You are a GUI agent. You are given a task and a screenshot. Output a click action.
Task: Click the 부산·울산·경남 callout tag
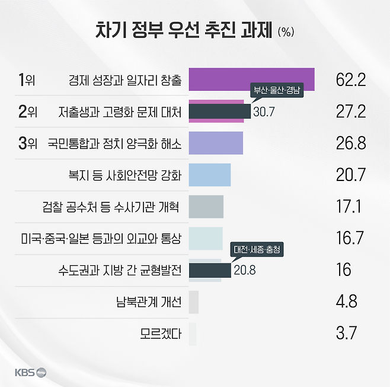277,91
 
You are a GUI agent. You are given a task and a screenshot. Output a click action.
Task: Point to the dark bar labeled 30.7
219,112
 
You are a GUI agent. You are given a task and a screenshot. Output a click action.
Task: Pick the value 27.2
351,112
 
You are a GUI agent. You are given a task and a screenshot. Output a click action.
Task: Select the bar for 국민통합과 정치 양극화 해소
216,144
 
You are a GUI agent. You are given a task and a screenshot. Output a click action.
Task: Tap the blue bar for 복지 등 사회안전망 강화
209,175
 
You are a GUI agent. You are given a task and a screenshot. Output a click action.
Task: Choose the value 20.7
351,175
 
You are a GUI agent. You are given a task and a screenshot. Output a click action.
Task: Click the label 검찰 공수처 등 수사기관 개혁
111,207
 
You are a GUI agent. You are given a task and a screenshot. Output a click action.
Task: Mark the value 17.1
351,207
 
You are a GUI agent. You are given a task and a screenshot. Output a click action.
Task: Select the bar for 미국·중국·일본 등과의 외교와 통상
206,239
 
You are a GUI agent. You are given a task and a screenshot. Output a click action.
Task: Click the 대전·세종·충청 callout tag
257,250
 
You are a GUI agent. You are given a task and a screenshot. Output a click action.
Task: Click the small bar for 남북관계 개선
193,302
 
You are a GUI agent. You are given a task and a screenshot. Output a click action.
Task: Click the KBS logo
30,373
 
